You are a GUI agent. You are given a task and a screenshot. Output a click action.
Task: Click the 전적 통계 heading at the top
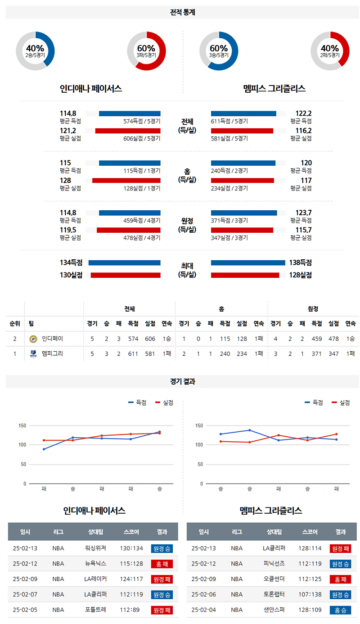(183, 13)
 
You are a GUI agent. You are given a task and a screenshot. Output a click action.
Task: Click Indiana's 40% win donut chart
(35, 51)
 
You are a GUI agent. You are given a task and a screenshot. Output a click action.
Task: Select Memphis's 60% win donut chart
(219, 51)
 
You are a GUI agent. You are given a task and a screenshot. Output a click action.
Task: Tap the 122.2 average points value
(303, 113)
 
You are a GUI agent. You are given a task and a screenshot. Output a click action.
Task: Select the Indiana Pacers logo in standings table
(33, 339)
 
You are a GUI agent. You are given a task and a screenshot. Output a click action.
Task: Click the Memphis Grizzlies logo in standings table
(33, 354)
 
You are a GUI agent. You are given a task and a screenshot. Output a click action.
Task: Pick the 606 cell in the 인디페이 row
(150, 339)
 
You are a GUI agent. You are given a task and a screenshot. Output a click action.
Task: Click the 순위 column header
(14, 323)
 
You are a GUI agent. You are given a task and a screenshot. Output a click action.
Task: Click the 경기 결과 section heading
(183, 381)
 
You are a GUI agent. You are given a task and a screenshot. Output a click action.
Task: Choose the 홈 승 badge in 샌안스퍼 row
(340, 610)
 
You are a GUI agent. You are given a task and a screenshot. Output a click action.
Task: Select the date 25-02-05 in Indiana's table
(25, 610)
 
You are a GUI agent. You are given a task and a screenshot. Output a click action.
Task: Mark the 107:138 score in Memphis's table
(310, 595)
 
